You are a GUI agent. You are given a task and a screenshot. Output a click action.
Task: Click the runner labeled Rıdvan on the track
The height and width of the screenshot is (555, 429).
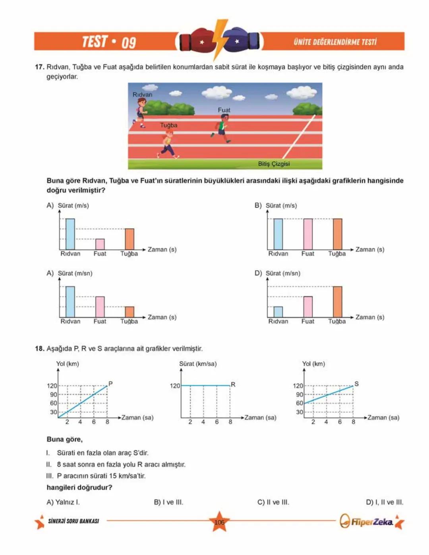pos(141,113)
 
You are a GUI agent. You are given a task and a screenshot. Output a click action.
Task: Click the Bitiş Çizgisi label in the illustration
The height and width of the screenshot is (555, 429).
pos(274,164)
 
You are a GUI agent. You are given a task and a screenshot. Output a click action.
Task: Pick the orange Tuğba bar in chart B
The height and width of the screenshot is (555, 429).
pos(337,234)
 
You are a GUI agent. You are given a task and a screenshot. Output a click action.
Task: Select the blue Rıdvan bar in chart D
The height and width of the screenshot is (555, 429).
pos(278,312)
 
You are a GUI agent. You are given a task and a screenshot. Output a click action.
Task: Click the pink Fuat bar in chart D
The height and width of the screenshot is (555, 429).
pos(308,307)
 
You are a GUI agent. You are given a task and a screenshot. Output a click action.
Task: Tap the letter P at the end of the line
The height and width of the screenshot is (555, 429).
pos(110,384)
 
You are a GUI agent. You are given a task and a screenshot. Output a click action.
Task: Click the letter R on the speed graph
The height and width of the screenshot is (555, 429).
pos(233,385)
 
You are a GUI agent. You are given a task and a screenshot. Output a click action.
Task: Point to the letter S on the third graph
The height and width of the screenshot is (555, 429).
pos(356,384)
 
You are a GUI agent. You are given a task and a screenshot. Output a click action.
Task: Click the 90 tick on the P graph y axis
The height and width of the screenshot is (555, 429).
pos(53,394)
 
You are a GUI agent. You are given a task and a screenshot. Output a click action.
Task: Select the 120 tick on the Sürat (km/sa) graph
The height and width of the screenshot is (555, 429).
pos(175,386)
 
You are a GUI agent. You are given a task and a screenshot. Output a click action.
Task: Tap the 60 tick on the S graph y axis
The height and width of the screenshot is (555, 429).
pos(300,403)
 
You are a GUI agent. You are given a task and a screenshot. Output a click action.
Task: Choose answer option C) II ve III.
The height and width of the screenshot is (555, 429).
pos(273,502)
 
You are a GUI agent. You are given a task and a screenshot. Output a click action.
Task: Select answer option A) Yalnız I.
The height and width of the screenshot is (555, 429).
pos(63,502)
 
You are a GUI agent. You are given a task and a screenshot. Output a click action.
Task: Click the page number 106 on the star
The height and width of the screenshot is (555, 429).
pos(219,522)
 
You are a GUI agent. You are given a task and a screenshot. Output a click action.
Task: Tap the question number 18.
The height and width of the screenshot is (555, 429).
pos(39,349)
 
